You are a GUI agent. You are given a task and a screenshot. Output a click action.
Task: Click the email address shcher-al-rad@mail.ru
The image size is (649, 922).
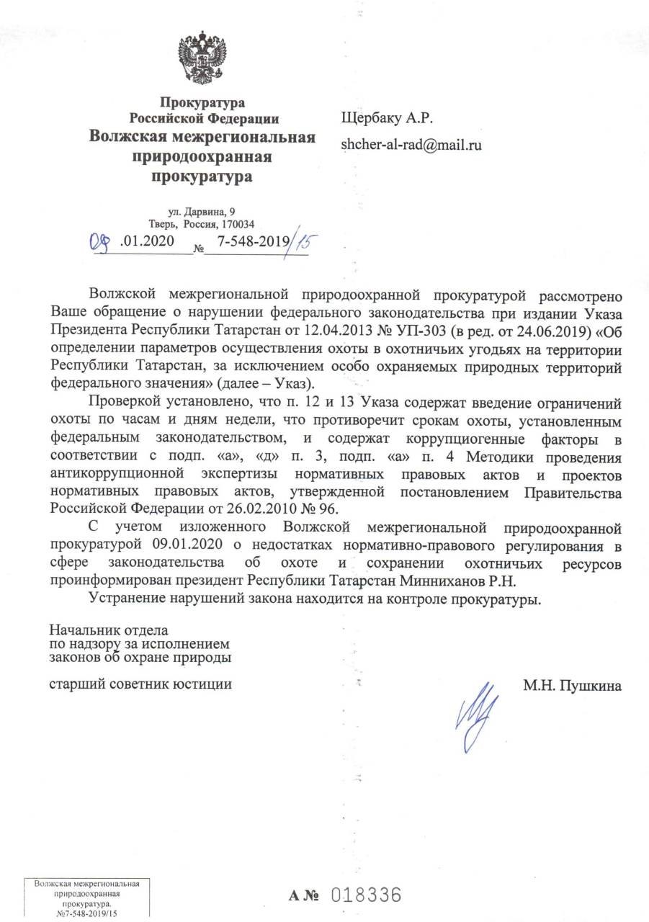[x=411, y=145]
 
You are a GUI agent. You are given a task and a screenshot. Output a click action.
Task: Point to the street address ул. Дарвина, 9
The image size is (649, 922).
[x=201, y=211]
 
